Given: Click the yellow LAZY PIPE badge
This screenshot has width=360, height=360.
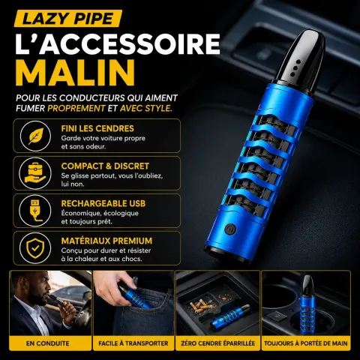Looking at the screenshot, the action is tap(68, 19).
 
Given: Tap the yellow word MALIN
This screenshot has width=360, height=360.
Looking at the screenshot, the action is tap(76, 73).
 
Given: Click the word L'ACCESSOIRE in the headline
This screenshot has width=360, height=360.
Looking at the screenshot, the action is tap(118, 43).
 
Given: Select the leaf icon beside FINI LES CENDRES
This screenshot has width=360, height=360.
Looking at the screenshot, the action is tap(35, 136).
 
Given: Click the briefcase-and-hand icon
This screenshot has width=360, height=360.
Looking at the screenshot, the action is tap(35, 173).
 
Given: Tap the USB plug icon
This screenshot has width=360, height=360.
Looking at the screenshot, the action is tap(35, 211).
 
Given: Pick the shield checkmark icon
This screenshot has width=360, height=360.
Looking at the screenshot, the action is tap(35, 248).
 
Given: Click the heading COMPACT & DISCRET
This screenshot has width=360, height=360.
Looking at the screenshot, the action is tap(105, 166).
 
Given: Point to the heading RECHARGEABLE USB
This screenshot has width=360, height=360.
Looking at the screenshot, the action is tap(103, 203).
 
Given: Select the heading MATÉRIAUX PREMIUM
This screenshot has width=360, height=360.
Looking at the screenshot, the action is tap(106, 241).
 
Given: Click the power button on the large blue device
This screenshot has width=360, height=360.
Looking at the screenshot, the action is tap(229, 229).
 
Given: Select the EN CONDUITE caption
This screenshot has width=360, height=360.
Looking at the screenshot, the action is tap(48, 343).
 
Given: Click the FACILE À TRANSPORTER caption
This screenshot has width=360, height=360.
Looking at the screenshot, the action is tap(133, 343).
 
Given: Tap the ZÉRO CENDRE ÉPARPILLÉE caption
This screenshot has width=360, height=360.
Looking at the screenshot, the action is tap(218, 343).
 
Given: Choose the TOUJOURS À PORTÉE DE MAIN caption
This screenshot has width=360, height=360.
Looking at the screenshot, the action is tap(306, 343).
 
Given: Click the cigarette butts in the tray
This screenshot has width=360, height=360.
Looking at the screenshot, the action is tap(201, 306).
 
